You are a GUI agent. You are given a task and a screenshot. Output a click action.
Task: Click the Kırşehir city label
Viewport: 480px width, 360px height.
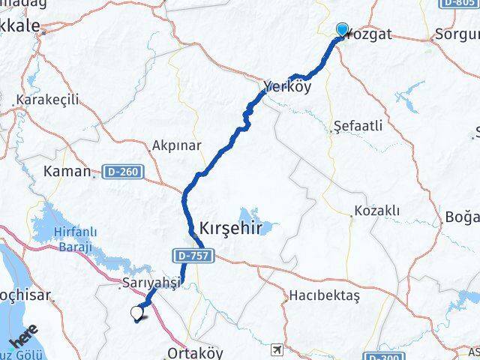point(231,229)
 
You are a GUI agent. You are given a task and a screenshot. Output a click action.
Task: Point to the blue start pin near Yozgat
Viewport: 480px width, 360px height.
point(342,30)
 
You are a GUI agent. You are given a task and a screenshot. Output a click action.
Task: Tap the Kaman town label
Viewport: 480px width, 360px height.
point(67,172)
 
